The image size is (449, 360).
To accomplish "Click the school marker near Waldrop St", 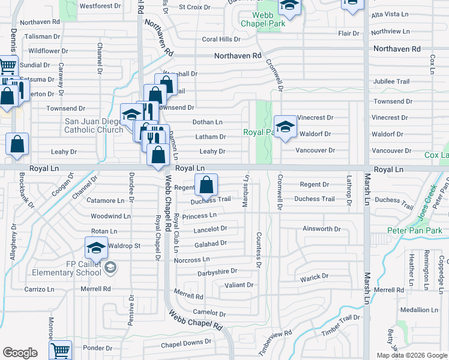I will coord(96,247).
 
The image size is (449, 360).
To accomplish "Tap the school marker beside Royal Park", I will coord(286,127).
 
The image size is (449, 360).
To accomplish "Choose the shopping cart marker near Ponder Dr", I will coord(60,350).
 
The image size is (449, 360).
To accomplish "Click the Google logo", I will coord(20,353).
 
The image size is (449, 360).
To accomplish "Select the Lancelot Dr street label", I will coord(210,229).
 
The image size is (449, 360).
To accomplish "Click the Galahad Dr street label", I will coord(210,244).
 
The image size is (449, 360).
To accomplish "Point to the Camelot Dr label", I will coord(209,313).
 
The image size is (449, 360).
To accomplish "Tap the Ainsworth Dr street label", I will coord(322,229).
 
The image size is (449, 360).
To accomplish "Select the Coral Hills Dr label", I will coord(221,39).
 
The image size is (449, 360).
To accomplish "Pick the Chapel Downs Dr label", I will coord(186,344).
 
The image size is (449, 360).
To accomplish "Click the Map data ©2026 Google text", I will coord(412,355).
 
